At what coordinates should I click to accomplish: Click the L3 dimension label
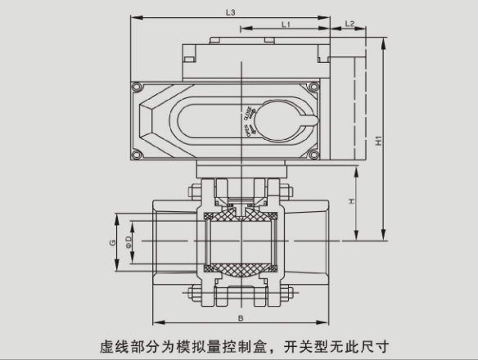click(230, 13)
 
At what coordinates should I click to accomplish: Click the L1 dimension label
click(285, 25)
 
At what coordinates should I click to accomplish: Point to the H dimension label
click(350, 201)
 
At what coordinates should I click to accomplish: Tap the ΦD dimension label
click(128, 243)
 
